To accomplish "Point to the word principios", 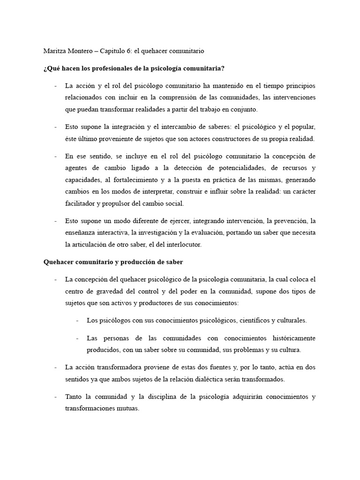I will (296, 86).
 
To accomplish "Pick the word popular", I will (303, 127).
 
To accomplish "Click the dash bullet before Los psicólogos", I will (77, 321).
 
